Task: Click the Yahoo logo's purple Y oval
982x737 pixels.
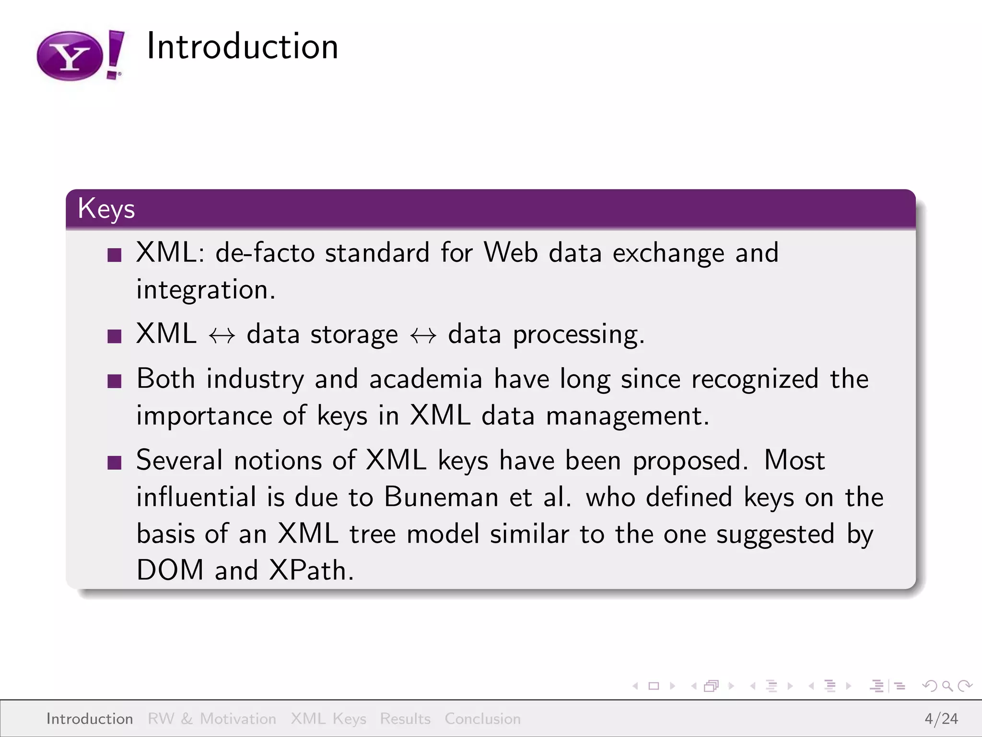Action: click(x=70, y=57)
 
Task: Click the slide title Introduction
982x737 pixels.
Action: click(x=242, y=47)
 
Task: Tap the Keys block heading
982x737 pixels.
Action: click(x=106, y=209)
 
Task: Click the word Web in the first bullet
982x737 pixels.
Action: click(x=511, y=252)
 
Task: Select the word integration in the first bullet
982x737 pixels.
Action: click(x=205, y=290)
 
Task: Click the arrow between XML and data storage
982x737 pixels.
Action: click(x=222, y=335)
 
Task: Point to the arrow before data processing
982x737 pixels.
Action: click(x=423, y=335)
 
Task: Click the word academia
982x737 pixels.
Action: click(x=426, y=379)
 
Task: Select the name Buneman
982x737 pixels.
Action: click(x=441, y=497)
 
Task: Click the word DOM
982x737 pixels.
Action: click(x=170, y=570)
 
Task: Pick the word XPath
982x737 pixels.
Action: click(x=311, y=570)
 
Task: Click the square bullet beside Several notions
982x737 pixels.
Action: click(x=115, y=463)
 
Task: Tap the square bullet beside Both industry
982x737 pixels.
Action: click(x=115, y=381)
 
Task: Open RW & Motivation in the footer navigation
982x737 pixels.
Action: click(x=212, y=719)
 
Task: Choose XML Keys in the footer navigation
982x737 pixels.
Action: click(x=328, y=719)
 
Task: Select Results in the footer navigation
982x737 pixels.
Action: click(x=405, y=719)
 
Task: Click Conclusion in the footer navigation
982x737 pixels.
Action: click(x=482, y=719)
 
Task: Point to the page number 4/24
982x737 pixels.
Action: click(x=941, y=719)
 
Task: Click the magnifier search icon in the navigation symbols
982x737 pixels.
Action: click(x=947, y=686)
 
